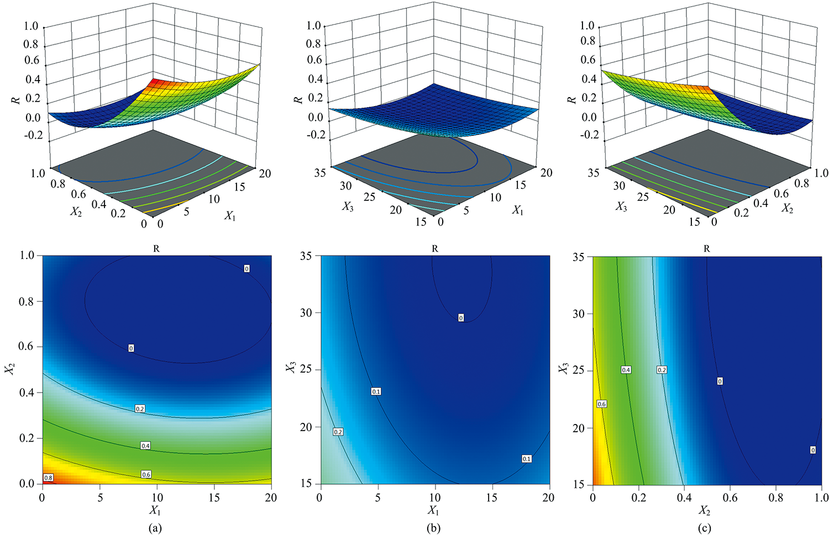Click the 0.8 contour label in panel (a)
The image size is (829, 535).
[48, 478]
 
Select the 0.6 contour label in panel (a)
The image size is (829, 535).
[146, 474]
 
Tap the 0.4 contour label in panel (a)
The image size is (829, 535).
[145, 446]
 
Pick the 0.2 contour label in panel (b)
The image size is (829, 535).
[338, 432]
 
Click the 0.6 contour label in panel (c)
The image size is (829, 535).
[601, 404]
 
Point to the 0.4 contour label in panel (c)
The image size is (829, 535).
[626, 370]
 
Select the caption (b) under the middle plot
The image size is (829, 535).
[434, 528]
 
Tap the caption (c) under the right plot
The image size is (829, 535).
[705, 528]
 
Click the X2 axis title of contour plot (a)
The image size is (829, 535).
[9, 369]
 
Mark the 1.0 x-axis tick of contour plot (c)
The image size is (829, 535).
[821, 497]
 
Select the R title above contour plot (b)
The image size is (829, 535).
[434, 249]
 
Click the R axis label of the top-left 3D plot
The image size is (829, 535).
[16, 99]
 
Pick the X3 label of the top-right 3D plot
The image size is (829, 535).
[621, 206]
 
